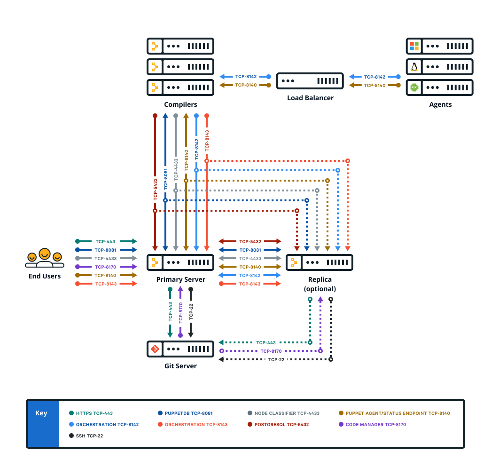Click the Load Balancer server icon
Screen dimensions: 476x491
310,81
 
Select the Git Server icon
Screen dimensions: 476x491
180,349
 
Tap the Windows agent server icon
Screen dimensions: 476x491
439,46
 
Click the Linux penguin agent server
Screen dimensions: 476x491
439,67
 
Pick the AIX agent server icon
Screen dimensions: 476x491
439,87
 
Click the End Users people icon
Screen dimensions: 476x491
45,258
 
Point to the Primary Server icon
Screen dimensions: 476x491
180,262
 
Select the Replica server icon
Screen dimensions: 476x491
320,262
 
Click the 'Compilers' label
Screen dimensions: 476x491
180,104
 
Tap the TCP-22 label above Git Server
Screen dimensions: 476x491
191,312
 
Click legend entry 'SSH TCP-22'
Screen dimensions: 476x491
89,436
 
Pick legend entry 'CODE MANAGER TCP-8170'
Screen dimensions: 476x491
375,425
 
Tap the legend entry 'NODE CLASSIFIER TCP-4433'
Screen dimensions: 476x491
287,413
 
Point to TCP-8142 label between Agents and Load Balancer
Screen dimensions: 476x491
374,77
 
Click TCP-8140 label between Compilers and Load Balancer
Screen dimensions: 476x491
246,85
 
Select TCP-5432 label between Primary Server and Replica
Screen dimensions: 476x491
250,241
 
